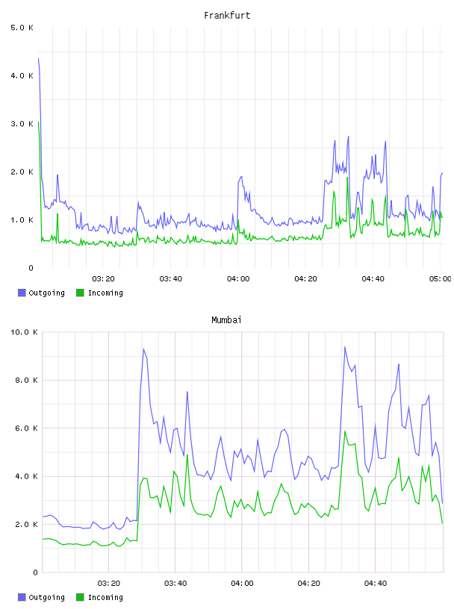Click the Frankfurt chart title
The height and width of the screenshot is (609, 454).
[x=227, y=16]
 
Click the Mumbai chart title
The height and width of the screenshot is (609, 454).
[x=226, y=319]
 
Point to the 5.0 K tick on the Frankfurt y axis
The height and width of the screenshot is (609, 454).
[x=22, y=28]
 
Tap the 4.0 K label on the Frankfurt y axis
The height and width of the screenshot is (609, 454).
[x=22, y=75]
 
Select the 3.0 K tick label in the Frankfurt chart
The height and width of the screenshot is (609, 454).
[x=22, y=123]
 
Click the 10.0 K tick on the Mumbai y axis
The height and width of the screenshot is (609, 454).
[x=24, y=332]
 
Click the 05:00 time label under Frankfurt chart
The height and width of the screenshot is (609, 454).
[x=441, y=278]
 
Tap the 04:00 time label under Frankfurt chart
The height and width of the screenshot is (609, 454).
[x=238, y=278]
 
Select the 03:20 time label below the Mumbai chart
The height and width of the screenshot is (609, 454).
[x=109, y=583]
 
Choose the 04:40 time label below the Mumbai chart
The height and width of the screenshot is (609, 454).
[x=376, y=583]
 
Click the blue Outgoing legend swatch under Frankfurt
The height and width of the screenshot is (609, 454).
[x=22, y=293]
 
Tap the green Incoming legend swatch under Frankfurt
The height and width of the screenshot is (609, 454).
[x=80, y=293]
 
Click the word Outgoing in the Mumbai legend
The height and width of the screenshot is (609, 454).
[x=46, y=597]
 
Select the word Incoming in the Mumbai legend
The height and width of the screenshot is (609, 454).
[x=105, y=597]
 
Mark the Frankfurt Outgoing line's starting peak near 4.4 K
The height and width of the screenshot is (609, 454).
[x=38, y=59]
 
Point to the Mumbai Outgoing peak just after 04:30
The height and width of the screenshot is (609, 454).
[x=345, y=346]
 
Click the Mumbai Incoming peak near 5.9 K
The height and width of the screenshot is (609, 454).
[x=345, y=431]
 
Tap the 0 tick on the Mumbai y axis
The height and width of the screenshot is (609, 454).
[x=35, y=572]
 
